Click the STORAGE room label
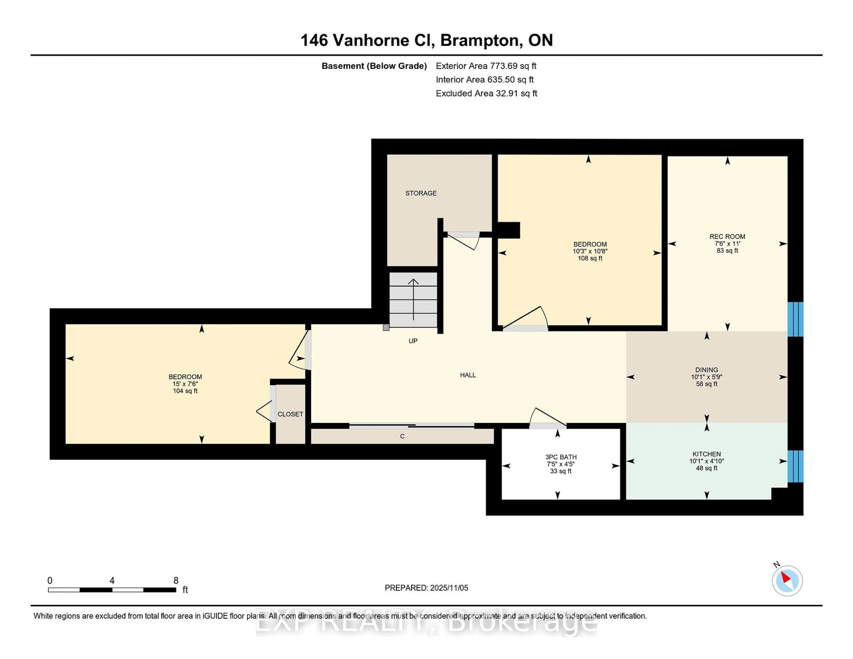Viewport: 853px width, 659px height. pyautogui.click(x=421, y=193)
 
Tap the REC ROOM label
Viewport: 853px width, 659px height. pyautogui.click(x=727, y=237)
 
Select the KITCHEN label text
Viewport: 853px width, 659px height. pyautogui.click(x=706, y=454)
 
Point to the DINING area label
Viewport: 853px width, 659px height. pyautogui.click(x=706, y=370)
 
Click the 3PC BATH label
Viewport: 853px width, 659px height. pyautogui.click(x=560, y=457)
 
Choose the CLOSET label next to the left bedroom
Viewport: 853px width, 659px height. pyautogui.click(x=290, y=414)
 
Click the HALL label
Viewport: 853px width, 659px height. pyautogui.click(x=468, y=375)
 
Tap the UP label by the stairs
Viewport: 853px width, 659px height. pyautogui.click(x=413, y=341)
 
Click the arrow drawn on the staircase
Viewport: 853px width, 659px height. pyautogui.click(x=413, y=299)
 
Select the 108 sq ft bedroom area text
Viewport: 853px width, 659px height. pyautogui.click(x=590, y=258)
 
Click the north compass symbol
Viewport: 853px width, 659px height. pyautogui.click(x=787, y=581)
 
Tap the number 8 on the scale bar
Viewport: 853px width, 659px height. pyautogui.click(x=176, y=581)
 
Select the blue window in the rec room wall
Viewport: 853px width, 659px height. pyautogui.click(x=795, y=319)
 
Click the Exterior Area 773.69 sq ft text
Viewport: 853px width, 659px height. pyautogui.click(x=486, y=66)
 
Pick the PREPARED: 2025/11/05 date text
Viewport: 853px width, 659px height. pyautogui.click(x=426, y=588)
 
